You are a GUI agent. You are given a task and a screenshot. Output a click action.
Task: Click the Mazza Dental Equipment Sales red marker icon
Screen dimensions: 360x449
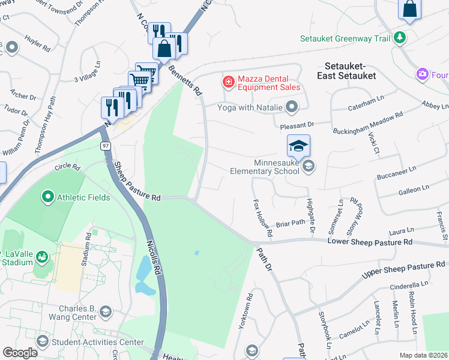pos(228,81)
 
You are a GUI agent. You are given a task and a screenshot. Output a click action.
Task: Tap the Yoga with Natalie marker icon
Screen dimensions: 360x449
pos(292,107)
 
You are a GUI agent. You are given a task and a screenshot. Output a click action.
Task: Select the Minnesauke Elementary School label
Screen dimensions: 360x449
pos(264,167)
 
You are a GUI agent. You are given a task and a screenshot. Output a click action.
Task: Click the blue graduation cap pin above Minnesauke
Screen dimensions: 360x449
pos(298,146)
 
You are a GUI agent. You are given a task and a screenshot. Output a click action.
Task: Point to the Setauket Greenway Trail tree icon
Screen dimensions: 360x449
pos(399,39)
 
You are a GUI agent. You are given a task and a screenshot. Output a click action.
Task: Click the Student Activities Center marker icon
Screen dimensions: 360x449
pos(43,342)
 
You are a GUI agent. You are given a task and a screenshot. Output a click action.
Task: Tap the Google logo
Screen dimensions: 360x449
pos(20,352)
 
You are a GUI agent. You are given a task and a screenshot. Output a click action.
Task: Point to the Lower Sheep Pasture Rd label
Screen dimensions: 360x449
pos(369,241)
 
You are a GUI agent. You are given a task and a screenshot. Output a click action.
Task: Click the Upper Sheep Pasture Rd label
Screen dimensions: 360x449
pos(405,270)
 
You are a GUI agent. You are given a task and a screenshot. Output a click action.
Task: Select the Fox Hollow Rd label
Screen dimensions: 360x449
pos(263,217)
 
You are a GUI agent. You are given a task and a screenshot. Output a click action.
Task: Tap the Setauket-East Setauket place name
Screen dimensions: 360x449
pos(350,70)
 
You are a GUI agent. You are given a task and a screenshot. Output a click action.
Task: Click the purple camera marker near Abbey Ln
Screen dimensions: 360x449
pos(423,74)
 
